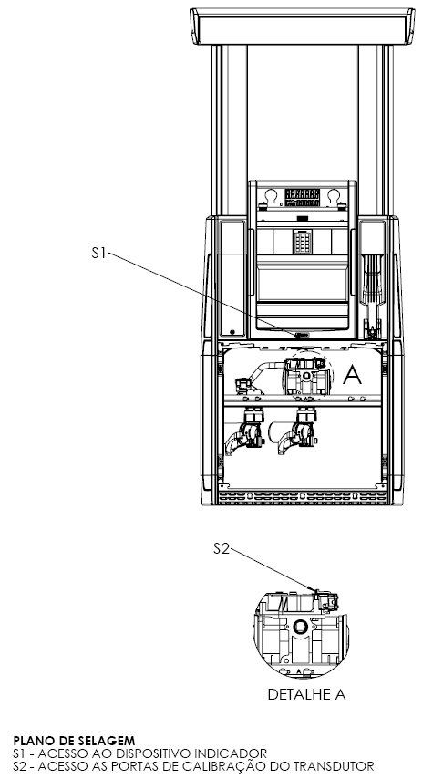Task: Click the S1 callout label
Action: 98,253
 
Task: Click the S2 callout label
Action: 222,548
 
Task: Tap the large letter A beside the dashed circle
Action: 352,375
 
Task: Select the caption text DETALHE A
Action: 306,694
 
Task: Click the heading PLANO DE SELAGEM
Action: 74,742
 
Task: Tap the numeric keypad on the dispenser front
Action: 303,242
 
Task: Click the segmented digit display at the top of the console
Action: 302,197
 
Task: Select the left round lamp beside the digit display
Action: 270,196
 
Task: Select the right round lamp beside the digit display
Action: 334,196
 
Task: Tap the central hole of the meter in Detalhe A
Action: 300,627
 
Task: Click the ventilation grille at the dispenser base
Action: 303,496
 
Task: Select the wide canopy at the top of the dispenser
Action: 303,26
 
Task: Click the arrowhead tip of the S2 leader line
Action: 316,591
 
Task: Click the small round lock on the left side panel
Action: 232,332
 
